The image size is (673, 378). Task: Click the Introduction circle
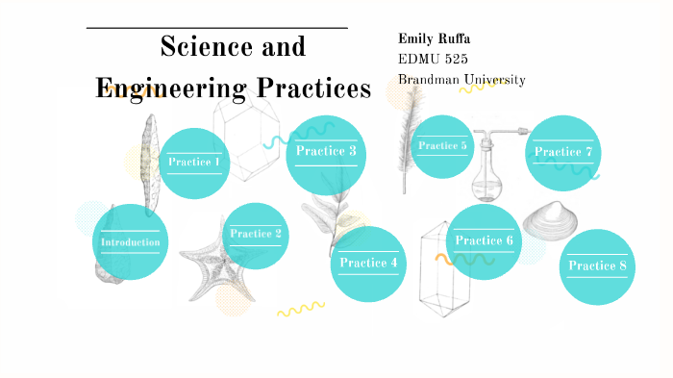pyautogui.click(x=130, y=241)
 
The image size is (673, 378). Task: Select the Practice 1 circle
pyautogui.click(x=194, y=162)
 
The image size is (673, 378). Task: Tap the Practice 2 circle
pyautogui.click(x=256, y=234)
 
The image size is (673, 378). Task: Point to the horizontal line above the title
pyautogui.click(x=216, y=29)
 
